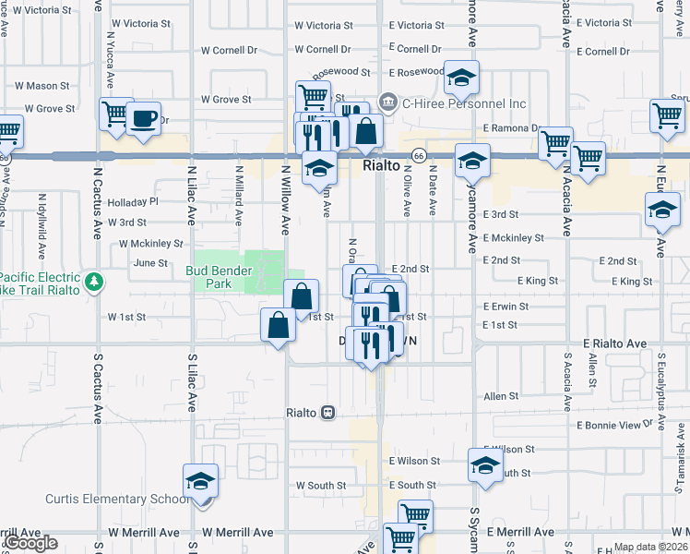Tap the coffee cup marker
coord(143,120)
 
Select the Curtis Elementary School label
coord(117,499)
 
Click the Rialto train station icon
coord(327,412)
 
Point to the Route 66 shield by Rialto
coord(419,156)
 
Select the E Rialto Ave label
coord(615,343)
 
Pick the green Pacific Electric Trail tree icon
coord(92,281)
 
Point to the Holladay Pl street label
coord(133,200)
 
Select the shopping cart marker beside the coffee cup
coord(116,115)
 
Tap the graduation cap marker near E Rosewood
coord(462,78)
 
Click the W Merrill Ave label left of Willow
coord(238,532)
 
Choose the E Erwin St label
coord(506,306)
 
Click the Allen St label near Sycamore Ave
coord(501,395)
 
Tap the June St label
coord(150,263)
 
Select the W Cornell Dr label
coord(323,49)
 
